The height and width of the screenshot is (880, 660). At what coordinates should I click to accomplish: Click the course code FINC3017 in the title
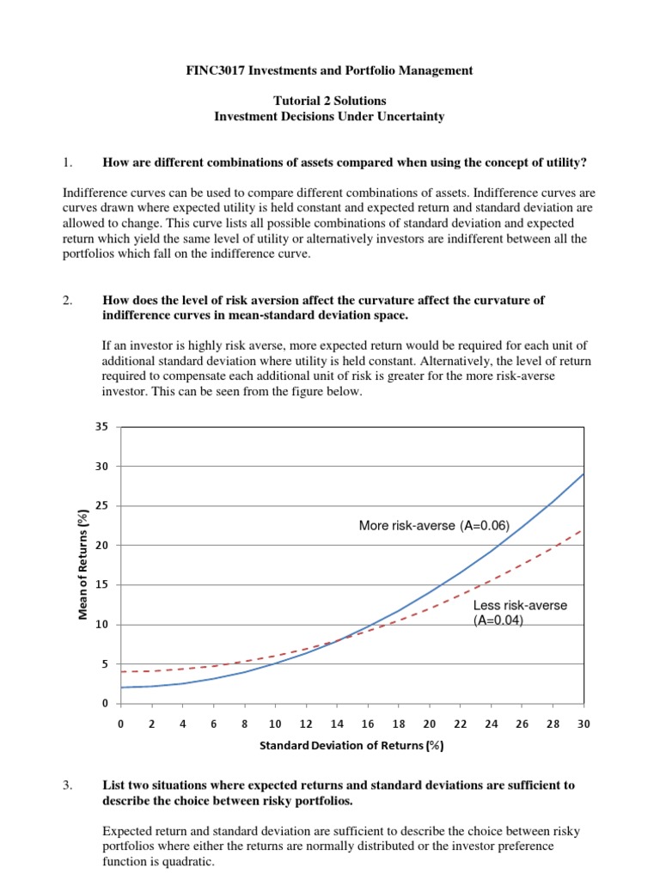point(217,70)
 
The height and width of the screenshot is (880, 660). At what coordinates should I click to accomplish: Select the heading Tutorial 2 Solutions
point(329,101)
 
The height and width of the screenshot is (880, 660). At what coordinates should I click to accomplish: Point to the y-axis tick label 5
point(104,664)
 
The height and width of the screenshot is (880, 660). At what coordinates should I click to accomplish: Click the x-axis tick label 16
point(368,724)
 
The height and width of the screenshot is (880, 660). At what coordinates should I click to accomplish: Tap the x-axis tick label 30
point(584,724)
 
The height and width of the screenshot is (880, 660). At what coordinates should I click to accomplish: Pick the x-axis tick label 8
point(244,724)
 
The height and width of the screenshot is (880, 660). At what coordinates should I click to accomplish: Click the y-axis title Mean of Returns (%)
point(83,564)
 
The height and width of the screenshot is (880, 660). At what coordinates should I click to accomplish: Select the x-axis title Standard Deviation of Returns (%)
point(351,746)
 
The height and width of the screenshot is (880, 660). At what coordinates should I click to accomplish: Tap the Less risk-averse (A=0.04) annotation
point(520,613)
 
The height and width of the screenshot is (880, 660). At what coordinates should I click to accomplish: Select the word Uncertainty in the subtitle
point(411,116)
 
